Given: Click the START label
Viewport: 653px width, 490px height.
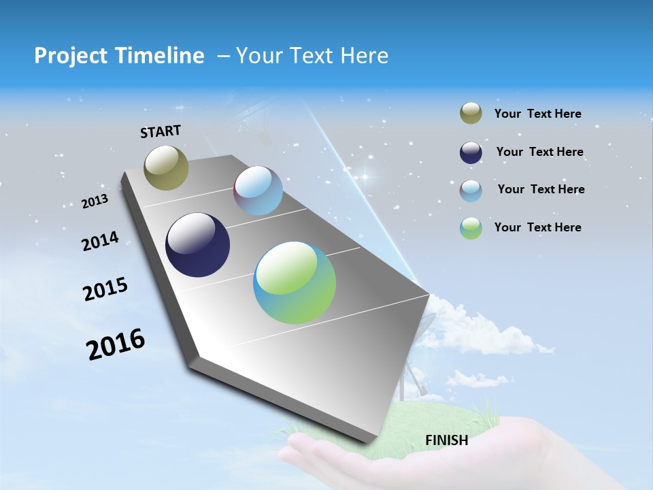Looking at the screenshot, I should click(x=161, y=131).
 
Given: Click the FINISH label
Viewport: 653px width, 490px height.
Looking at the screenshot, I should click(x=446, y=440).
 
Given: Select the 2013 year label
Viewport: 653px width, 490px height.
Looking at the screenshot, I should click(x=95, y=201).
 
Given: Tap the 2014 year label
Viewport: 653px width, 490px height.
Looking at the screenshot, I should click(x=100, y=242).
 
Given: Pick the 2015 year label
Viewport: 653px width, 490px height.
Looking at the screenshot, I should click(x=105, y=289).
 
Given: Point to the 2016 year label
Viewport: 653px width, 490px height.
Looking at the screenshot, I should click(x=116, y=344).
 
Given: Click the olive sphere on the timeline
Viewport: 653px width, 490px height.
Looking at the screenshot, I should click(x=166, y=167).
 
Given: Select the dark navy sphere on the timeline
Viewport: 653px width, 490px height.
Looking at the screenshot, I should click(x=197, y=245).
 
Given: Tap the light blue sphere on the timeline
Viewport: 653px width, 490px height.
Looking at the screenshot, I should click(x=258, y=191).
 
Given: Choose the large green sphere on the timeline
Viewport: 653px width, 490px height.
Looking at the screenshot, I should click(x=295, y=282).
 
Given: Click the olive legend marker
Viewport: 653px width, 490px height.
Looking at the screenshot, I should click(x=471, y=114).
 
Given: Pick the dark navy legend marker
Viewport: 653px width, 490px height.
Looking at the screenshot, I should click(x=471, y=152).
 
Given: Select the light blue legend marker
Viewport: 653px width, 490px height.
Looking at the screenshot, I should click(x=471, y=191).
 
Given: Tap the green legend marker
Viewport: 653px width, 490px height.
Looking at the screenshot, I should click(x=471, y=228).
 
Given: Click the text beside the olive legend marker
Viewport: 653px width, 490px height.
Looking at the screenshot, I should click(x=537, y=114).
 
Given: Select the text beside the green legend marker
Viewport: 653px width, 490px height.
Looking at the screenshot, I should click(x=537, y=227).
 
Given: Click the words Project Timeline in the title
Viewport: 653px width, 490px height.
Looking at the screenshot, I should click(x=119, y=56).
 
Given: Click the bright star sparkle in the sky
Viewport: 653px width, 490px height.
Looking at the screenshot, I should click(x=365, y=177).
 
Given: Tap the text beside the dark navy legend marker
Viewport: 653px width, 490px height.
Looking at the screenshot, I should click(x=539, y=152).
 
